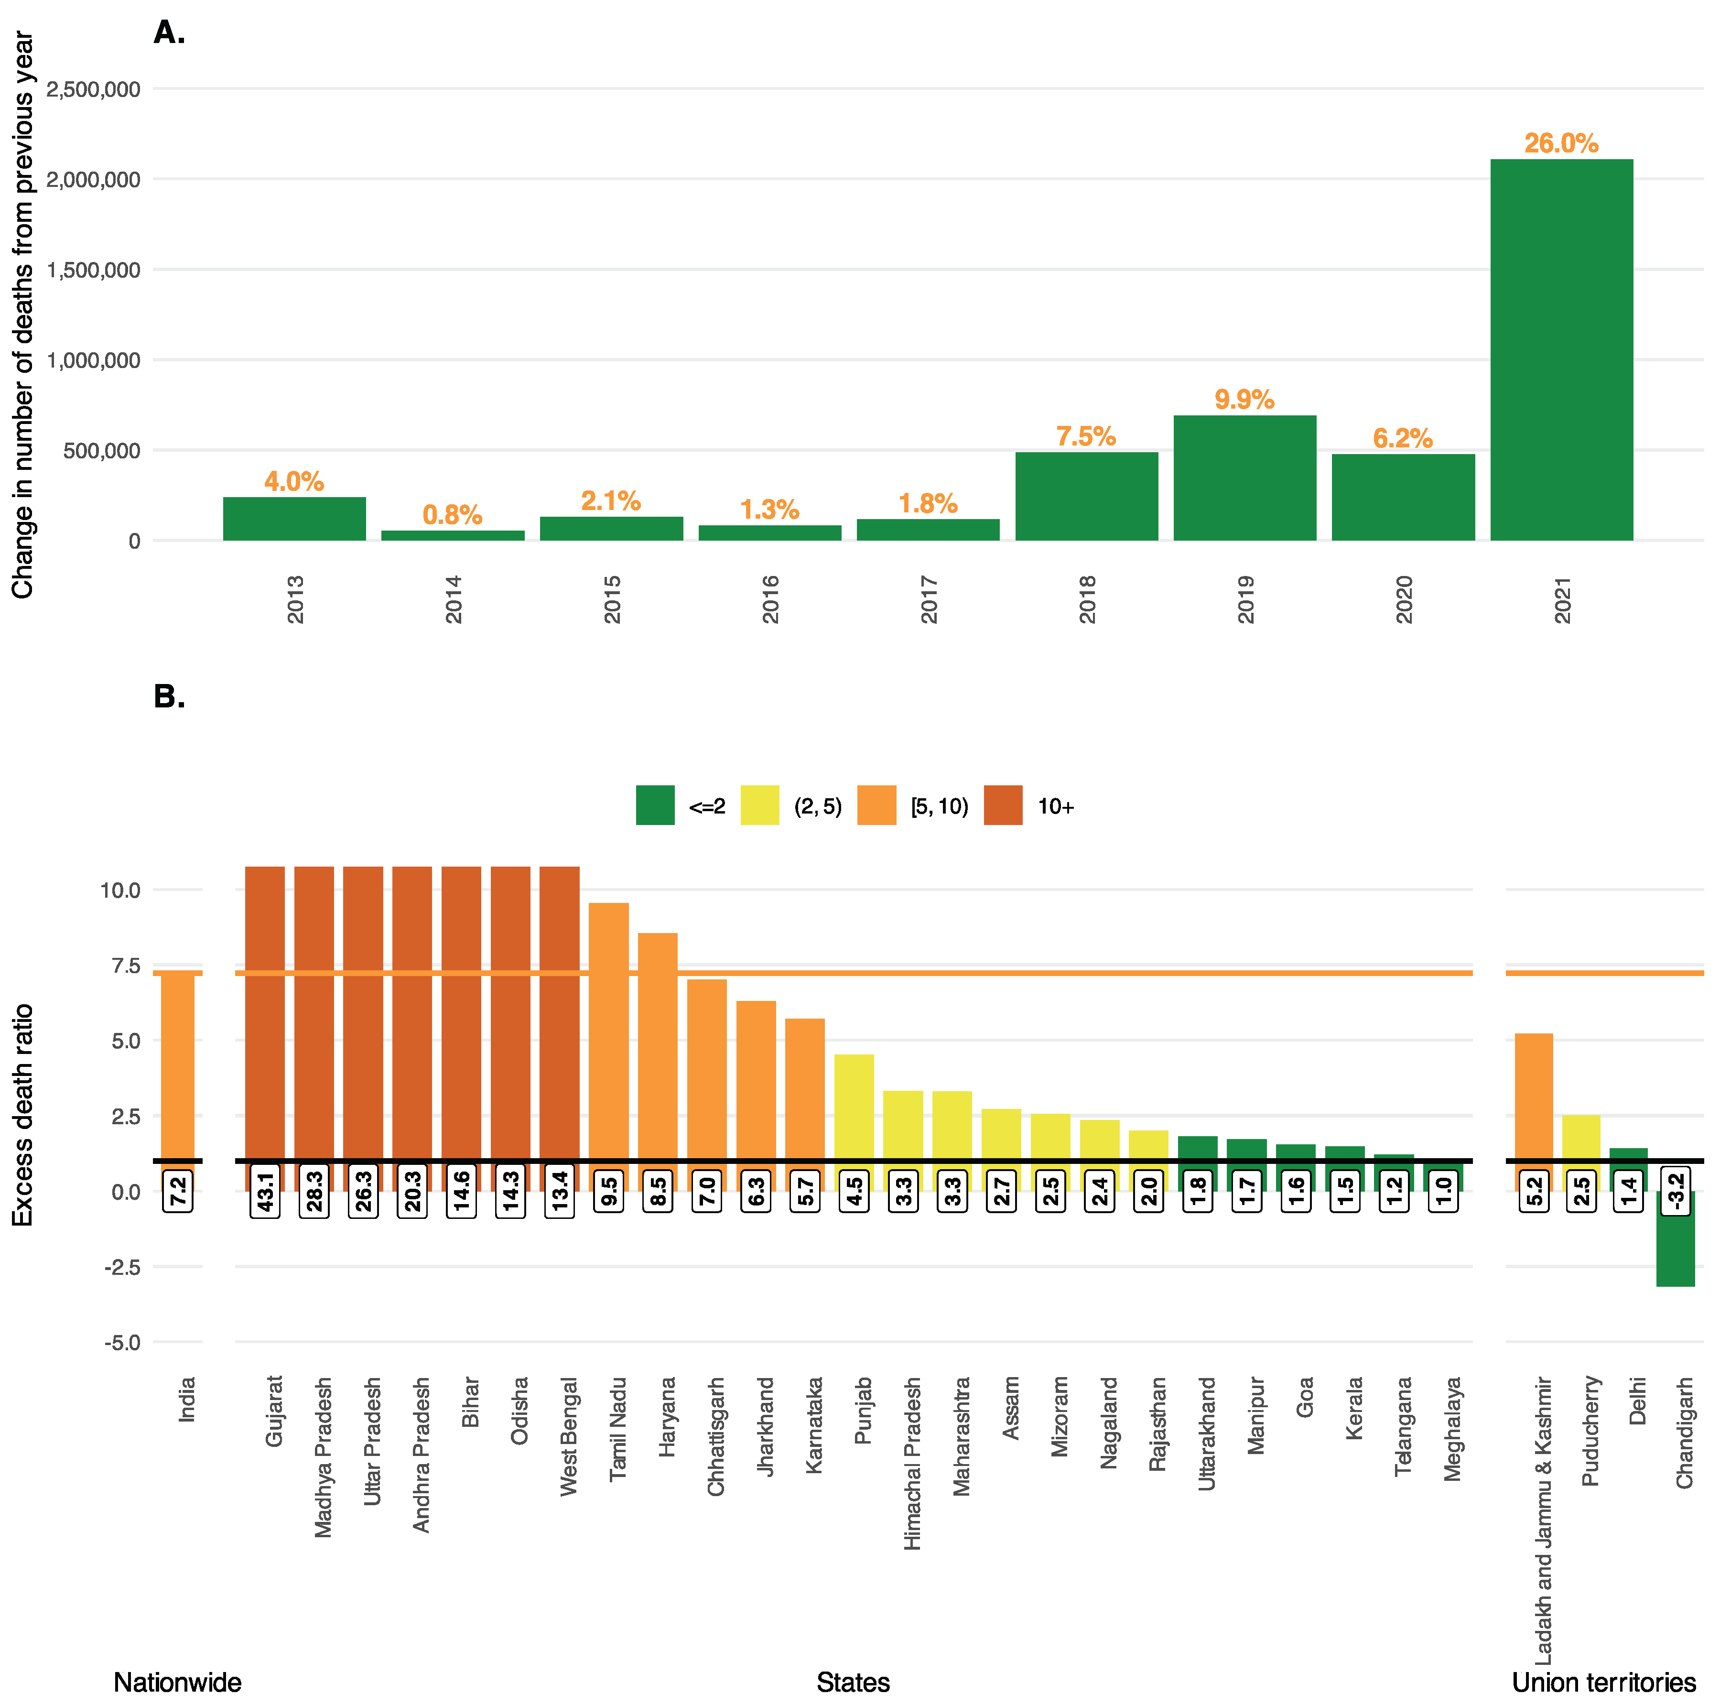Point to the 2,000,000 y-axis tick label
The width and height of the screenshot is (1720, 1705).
(94, 180)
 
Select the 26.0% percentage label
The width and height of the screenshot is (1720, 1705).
(1561, 143)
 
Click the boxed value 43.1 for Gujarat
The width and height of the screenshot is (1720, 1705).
(265, 1190)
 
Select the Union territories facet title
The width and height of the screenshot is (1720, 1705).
(1603, 1682)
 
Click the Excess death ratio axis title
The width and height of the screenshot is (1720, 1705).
(22, 1115)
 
